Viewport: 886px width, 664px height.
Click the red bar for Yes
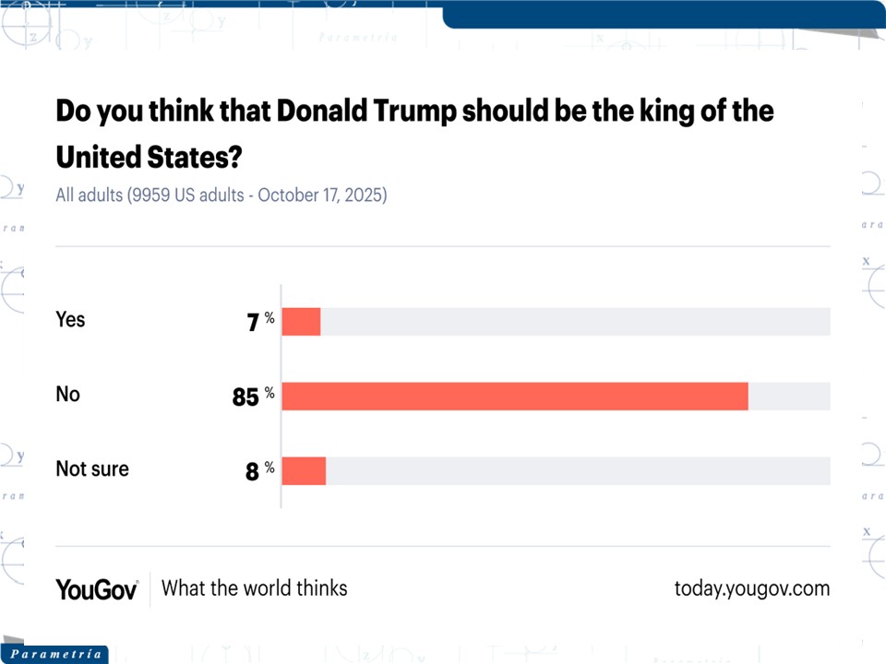point(301,322)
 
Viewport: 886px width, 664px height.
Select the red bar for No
point(514,397)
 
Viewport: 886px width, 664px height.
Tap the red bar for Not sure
point(304,470)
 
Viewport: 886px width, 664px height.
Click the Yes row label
point(70,319)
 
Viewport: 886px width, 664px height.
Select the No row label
point(68,394)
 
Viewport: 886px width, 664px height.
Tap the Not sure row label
point(92,468)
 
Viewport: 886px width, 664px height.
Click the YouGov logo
point(97,588)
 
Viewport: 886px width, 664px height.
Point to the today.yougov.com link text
point(752,588)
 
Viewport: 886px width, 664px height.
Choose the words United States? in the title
point(148,157)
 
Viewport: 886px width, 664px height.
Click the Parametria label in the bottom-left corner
point(55,654)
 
